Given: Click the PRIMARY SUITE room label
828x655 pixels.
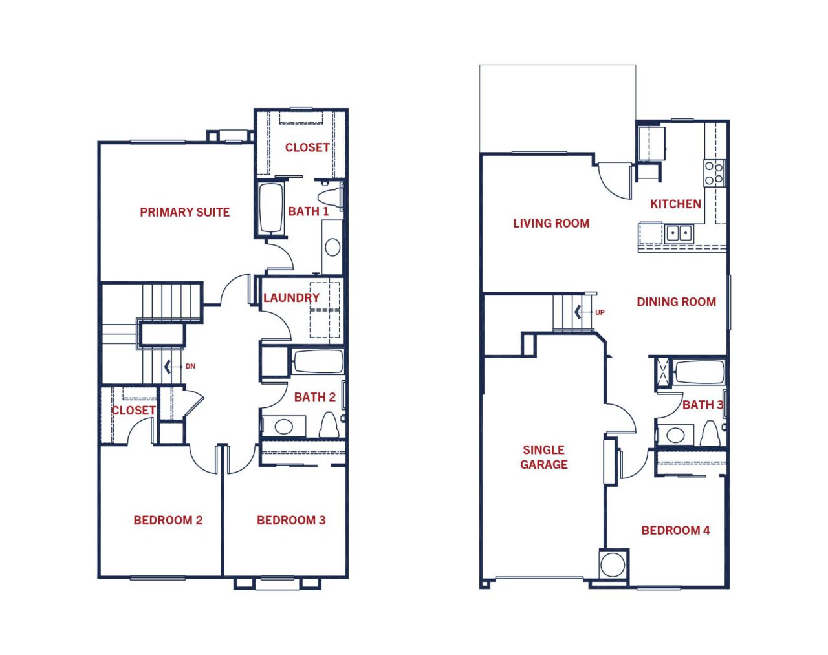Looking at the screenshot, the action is point(185,212).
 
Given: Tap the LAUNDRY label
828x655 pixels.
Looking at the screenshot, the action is point(291,297).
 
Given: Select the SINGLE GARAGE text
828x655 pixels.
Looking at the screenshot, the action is point(543,457).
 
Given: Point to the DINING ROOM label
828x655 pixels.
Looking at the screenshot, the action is point(677,302).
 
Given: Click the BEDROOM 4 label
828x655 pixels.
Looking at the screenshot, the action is point(675,530).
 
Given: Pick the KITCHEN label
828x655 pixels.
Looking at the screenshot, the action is point(675,204).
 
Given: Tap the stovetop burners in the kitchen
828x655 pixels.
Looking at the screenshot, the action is point(715,173).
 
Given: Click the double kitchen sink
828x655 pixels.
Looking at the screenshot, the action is point(679,233).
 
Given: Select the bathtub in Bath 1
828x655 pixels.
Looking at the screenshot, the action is point(271,208).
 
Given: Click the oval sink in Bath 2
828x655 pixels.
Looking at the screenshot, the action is point(283,426).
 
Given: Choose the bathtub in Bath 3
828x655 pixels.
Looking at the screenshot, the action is point(699,372).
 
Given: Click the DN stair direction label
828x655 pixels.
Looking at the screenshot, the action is point(190,367).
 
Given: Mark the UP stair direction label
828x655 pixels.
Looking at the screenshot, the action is point(600,313).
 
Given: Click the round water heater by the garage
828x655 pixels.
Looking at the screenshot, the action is point(613,564).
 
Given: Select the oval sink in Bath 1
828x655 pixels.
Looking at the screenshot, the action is point(332,247).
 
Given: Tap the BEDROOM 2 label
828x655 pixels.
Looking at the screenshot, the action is point(168,521).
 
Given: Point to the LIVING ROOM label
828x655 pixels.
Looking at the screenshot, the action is point(551,224).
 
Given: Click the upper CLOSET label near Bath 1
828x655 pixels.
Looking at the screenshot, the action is point(307,147).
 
